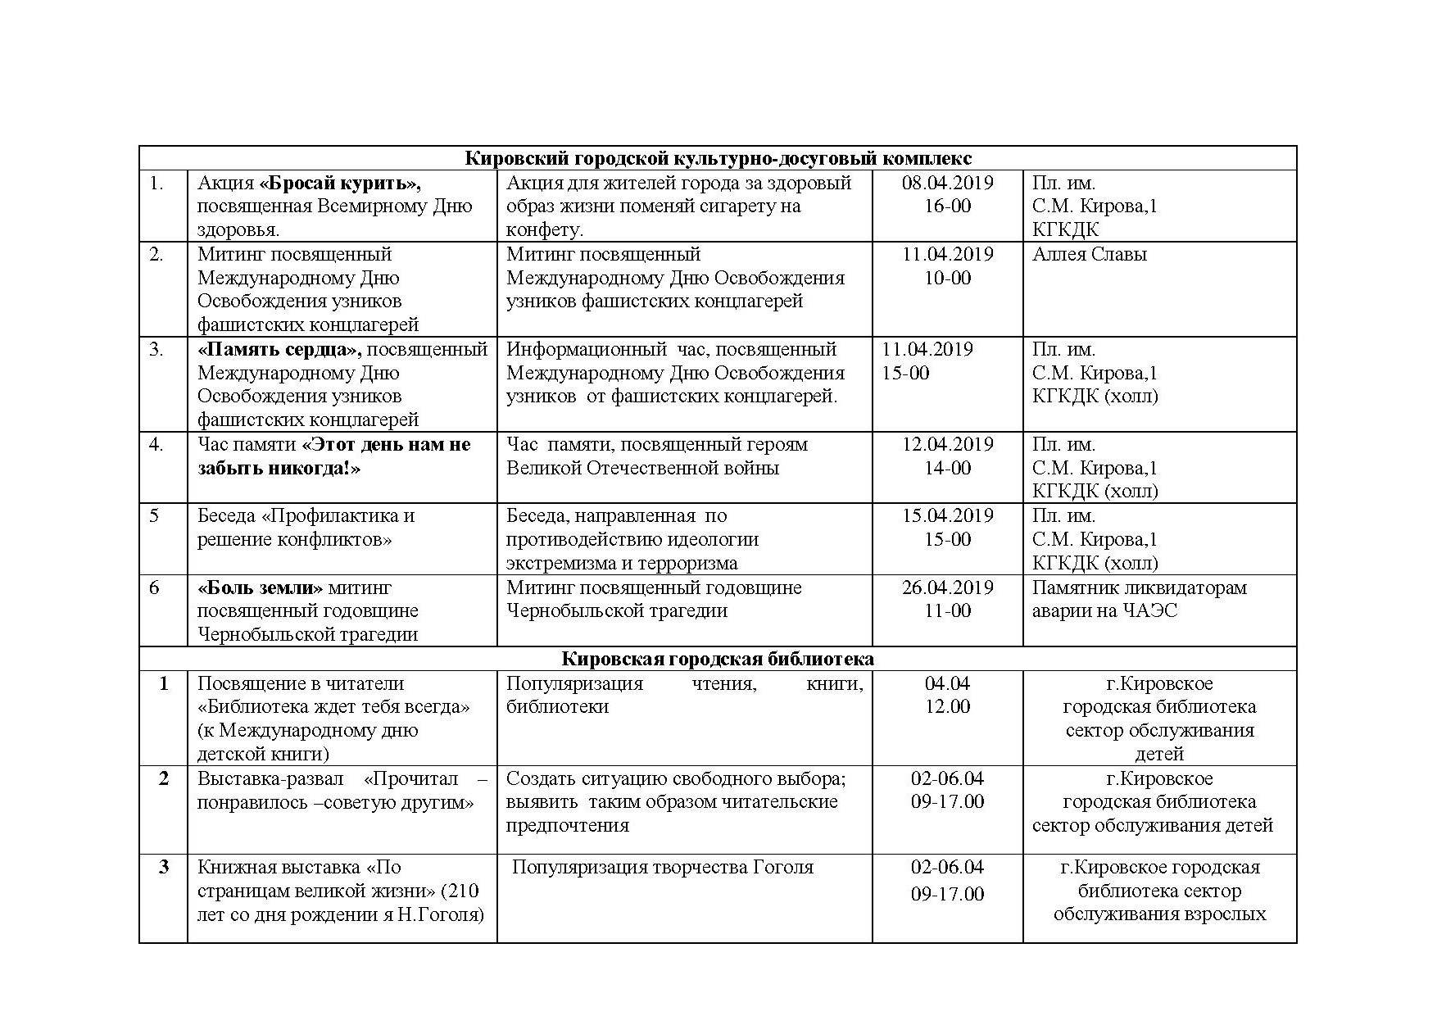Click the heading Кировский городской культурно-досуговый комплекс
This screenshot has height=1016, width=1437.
[718, 158]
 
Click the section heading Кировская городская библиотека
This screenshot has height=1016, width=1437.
[718, 659]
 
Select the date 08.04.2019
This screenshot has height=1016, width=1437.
[947, 183]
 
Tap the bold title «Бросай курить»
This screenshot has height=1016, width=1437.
[340, 183]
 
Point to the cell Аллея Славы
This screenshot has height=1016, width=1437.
[1089, 254]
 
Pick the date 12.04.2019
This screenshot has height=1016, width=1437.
[947, 444]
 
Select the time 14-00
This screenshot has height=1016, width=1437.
[947, 468]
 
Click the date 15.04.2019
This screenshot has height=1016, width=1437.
[947, 515]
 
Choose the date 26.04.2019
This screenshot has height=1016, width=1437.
[947, 587]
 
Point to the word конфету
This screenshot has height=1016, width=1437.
[545, 230]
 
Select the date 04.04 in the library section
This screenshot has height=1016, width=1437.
[947, 683]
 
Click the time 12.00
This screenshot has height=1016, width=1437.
[947, 706]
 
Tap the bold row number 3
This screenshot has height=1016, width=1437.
[164, 867]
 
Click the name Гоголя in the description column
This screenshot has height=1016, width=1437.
[782, 867]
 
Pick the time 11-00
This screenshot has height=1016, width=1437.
[947, 610]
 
